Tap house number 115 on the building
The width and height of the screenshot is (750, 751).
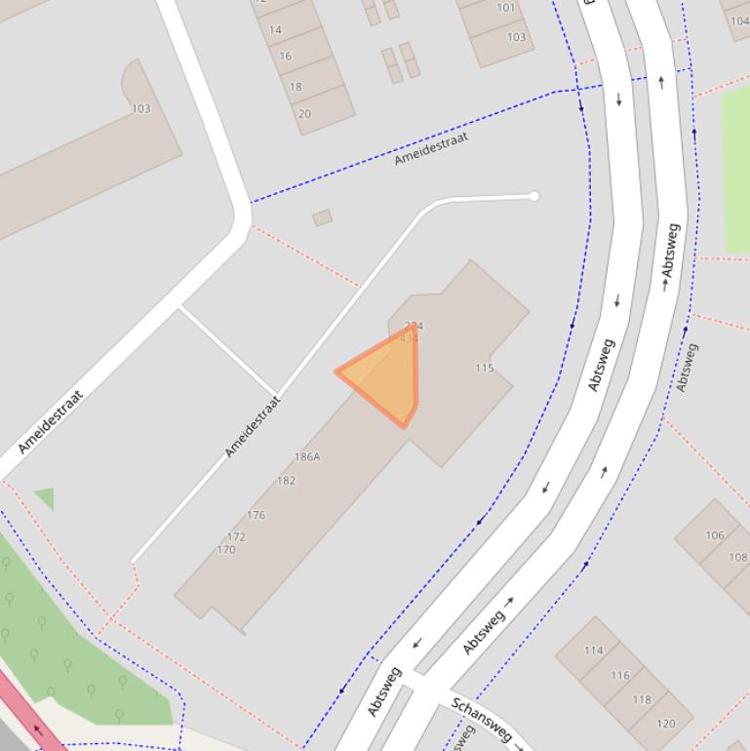[485, 368]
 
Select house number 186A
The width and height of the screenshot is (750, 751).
[307, 456]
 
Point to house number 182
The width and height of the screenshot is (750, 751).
[286, 480]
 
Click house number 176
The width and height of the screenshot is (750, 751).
[256, 515]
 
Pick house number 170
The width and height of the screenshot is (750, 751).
[226, 550]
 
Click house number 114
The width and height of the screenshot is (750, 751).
[593, 650]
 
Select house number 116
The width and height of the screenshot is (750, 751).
[620, 675]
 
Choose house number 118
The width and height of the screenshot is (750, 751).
[641, 699]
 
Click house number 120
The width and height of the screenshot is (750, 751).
[665, 724]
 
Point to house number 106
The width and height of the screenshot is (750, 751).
[715, 534]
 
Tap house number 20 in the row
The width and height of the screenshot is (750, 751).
[304, 113]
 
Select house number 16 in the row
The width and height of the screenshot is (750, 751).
[285, 56]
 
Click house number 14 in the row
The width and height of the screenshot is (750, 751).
[275, 29]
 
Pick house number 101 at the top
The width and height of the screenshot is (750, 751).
[505, 8]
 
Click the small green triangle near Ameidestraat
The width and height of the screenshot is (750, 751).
[45, 497]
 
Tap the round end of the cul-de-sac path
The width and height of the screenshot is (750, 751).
[534, 196]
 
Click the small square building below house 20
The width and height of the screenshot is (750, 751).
[322, 217]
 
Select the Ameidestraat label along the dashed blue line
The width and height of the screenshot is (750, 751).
[431, 147]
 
